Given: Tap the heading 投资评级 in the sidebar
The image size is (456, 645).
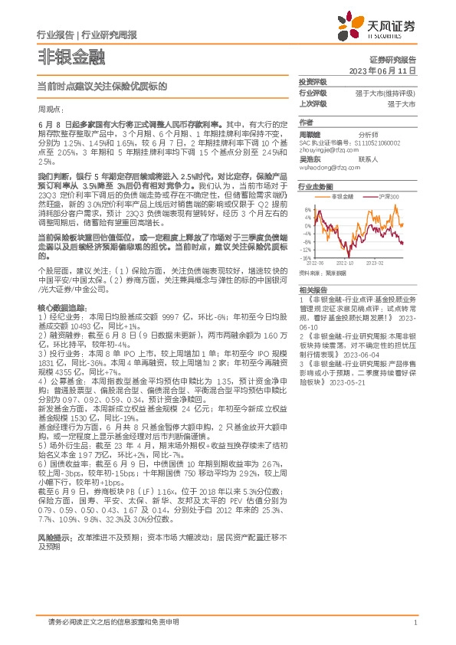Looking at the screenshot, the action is coord(312,81).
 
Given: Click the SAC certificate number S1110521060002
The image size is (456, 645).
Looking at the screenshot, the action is coord(389,143).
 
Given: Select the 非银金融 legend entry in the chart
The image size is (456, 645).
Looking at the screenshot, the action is coord(343,197).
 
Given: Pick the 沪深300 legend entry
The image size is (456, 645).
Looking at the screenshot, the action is coord(390,197).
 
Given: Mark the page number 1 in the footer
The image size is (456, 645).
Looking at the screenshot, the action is coord(414,622).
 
